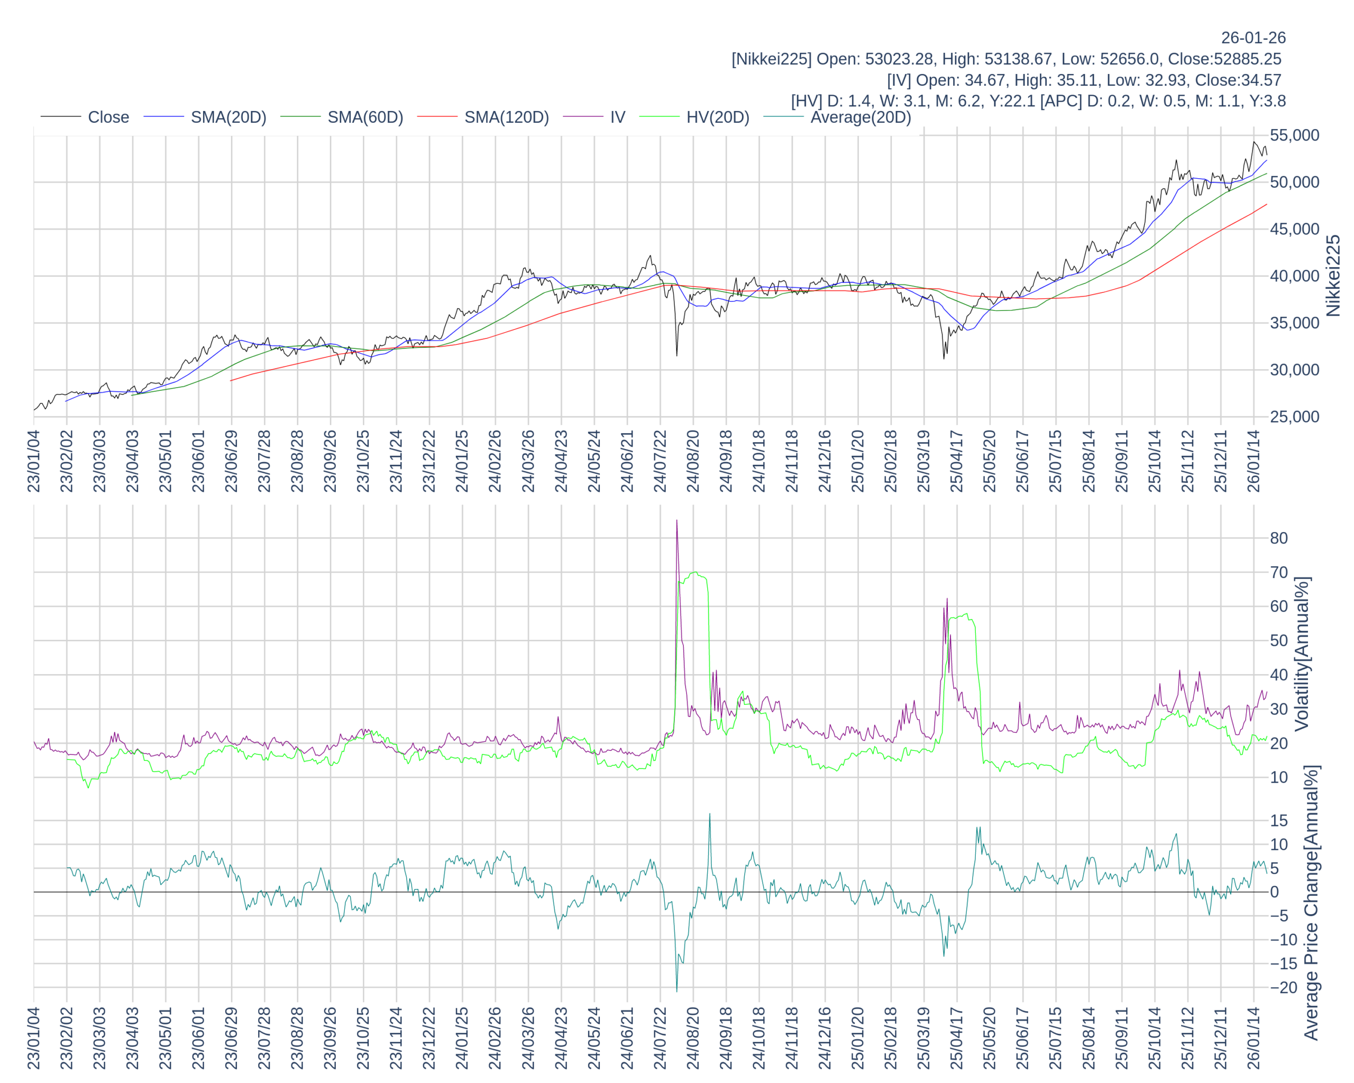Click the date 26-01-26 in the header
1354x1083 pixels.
tap(1253, 38)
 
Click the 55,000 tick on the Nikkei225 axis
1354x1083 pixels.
tap(1294, 135)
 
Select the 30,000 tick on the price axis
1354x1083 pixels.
tap(1294, 370)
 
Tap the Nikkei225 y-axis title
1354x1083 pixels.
tap(1333, 276)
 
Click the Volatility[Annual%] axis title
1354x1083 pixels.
tap(1302, 654)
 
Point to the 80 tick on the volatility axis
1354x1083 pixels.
tap(1279, 538)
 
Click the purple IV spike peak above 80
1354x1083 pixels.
tap(676, 520)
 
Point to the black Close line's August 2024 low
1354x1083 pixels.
tap(676, 355)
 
